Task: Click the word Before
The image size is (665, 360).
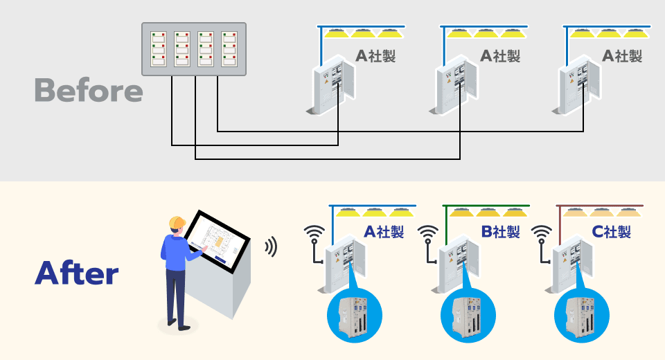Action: tap(88, 91)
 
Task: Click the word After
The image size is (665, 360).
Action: tap(76, 273)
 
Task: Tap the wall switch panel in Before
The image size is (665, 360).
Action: tap(195, 49)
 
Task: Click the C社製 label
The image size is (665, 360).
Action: tap(612, 231)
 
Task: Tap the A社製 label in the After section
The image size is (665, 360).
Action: tap(384, 231)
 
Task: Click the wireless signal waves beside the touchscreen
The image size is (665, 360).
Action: tap(272, 246)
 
